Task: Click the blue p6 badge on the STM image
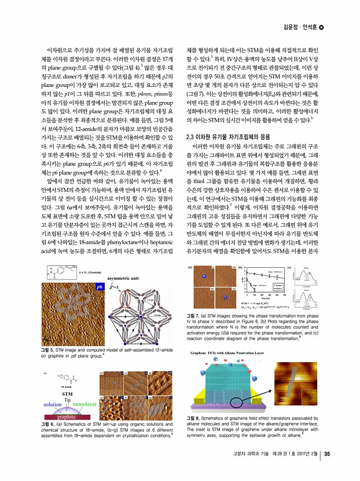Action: [100, 286]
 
